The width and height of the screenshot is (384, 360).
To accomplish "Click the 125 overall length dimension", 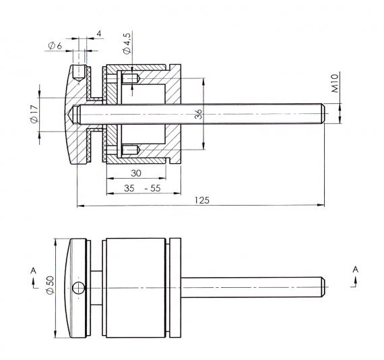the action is [202, 200].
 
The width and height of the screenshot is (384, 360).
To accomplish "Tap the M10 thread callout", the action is [335, 83].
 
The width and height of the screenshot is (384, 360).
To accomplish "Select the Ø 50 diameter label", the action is [51, 284].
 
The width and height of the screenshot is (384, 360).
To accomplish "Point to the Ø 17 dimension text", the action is [34, 114].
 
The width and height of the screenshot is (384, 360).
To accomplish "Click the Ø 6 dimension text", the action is [55, 46].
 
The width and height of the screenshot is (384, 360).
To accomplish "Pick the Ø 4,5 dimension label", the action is [127, 43].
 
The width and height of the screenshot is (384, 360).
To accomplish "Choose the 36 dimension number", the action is [198, 114].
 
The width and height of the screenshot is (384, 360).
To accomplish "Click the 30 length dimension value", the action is [136, 173].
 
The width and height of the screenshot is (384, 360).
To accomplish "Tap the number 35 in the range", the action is [129, 188].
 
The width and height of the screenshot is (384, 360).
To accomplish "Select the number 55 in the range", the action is [156, 188].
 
